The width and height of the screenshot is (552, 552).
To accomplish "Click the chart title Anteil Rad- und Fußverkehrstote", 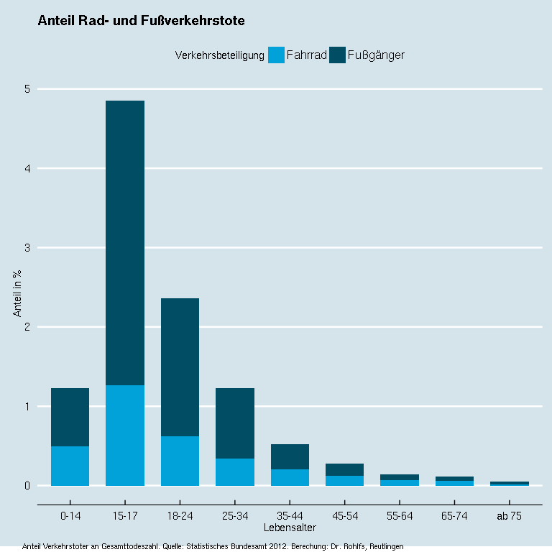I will coord(141,22).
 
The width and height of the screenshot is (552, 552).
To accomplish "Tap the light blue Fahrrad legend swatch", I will coord(276,55).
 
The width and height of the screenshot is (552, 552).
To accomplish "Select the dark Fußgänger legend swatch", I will coord(337,55).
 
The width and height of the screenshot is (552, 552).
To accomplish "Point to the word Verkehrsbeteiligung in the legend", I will coord(220,55).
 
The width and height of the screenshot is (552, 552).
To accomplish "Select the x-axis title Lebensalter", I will coord(290,528).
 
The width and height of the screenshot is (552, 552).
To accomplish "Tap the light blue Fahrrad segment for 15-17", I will coord(125,436).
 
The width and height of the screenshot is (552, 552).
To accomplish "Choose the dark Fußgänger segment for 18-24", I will coord(180,367).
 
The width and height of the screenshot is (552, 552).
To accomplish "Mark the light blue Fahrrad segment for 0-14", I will coord(70,466).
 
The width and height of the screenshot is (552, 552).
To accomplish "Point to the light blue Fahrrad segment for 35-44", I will coord(290,477).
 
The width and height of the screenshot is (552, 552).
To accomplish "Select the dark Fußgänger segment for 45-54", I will coord(345,470).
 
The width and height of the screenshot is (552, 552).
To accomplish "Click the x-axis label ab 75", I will coord(510,516).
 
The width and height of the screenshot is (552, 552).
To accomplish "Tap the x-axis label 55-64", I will coord(400,516).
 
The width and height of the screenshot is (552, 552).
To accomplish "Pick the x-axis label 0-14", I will coord(70,516).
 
